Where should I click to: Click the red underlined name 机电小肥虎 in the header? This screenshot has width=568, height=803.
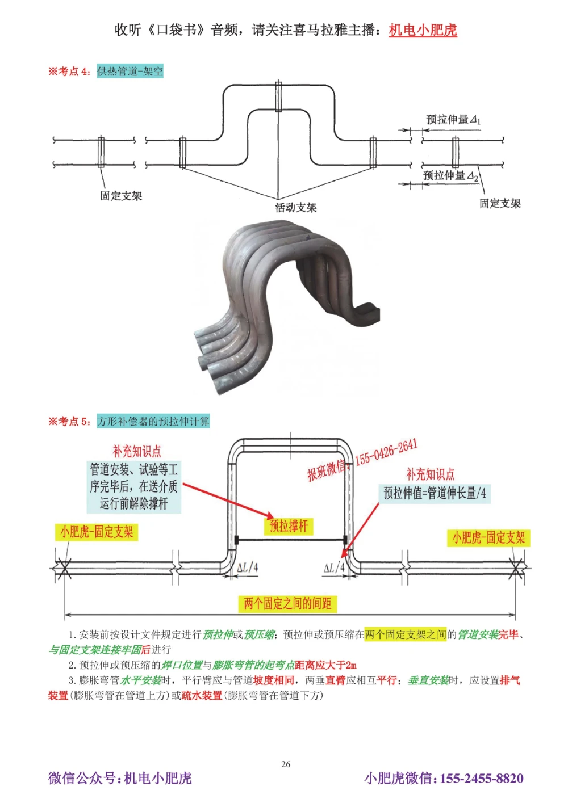(x=423, y=30)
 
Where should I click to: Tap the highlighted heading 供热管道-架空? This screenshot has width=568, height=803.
(x=130, y=72)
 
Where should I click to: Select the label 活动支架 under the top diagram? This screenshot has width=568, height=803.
(x=296, y=208)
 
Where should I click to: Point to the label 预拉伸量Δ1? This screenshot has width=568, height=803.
(x=453, y=120)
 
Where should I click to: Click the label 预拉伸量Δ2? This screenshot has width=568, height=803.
(x=451, y=176)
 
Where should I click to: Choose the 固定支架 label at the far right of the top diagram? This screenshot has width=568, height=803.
(x=500, y=203)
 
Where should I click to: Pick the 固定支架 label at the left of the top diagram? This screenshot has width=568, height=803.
(x=121, y=196)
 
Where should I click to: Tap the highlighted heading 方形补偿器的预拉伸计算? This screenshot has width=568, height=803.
(x=153, y=421)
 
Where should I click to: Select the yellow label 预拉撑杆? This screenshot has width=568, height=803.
(x=289, y=526)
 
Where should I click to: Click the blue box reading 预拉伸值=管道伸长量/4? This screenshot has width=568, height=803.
(x=435, y=493)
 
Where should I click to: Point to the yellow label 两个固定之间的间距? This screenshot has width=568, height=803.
(x=287, y=603)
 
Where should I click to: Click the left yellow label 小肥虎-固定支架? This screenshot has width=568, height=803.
(x=97, y=532)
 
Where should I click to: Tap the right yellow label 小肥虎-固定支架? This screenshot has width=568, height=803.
(x=488, y=537)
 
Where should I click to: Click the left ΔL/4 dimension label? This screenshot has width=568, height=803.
(x=247, y=567)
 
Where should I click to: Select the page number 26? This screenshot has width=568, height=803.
(x=286, y=764)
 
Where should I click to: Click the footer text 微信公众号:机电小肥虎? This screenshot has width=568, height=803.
(x=120, y=778)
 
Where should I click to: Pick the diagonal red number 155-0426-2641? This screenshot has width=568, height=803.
(x=386, y=452)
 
